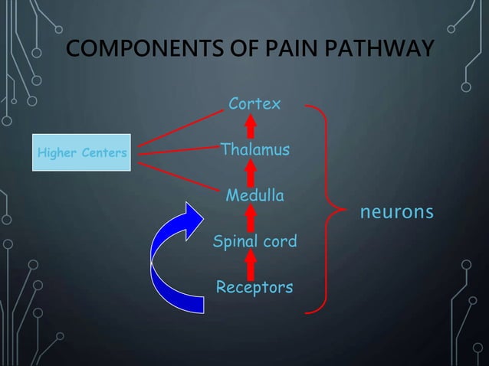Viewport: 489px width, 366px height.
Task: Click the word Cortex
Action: tap(254, 103)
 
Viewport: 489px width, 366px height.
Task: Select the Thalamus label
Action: tap(254, 149)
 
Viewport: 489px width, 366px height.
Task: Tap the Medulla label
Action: tap(254, 196)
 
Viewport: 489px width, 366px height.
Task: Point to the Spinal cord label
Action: tap(254, 242)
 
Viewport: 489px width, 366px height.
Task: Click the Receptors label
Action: tap(254, 288)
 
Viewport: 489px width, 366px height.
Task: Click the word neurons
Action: tap(397, 211)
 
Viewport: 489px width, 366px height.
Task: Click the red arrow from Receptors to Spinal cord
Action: tap(250, 266)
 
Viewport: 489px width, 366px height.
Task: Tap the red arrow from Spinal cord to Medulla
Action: tap(250, 219)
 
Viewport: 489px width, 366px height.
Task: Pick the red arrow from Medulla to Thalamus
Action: tap(250, 172)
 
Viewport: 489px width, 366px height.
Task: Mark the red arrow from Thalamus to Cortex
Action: tap(250, 125)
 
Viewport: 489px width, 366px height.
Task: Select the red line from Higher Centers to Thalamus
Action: tap(176, 150)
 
